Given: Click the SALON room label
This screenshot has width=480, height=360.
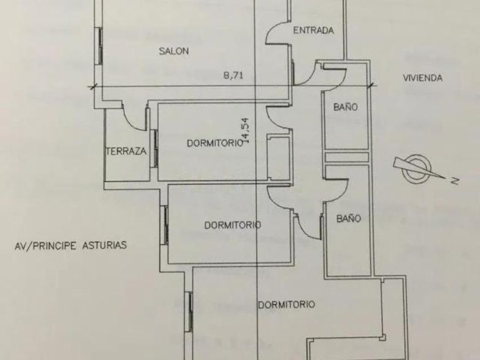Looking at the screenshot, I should pyautogui.click(x=174, y=51).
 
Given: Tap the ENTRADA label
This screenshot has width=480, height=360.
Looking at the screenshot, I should pyautogui.click(x=313, y=31).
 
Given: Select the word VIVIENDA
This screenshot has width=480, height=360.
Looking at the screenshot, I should pyautogui.click(x=423, y=78).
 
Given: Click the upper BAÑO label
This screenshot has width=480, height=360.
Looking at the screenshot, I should pyautogui.click(x=345, y=107).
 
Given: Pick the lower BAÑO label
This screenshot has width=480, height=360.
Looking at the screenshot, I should pyautogui.click(x=349, y=218).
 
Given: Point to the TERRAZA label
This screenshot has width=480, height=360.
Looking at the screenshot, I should pyautogui.click(x=126, y=151).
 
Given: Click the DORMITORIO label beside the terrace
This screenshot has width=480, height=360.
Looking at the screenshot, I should pyautogui.click(x=215, y=143).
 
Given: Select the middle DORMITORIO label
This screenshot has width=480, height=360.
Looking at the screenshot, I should pyautogui.click(x=233, y=225).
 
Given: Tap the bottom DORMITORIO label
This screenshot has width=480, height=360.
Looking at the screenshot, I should pyautogui.click(x=286, y=305).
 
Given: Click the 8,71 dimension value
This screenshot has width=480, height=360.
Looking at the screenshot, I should pyautogui.click(x=234, y=75).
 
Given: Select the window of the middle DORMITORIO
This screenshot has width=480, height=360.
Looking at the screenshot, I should pyautogui.click(x=165, y=225).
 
